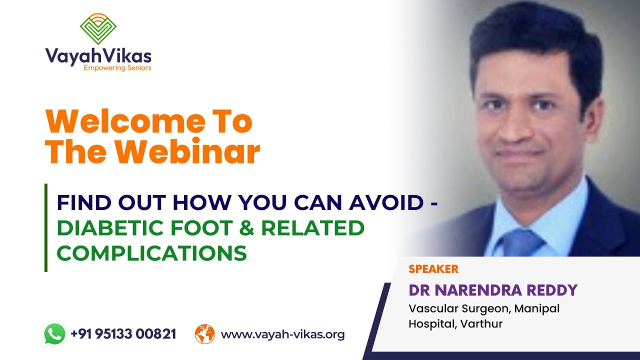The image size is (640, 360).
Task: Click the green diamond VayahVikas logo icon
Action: (x=98, y=28)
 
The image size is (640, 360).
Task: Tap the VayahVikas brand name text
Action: (x=98, y=55)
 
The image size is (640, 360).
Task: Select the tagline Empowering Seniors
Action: (x=117, y=67)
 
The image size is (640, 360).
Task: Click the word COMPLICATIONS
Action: (x=151, y=253)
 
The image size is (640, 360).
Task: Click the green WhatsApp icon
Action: (x=54, y=333)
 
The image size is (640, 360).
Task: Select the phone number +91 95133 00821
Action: (x=123, y=334)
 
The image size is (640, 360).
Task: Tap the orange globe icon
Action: (x=204, y=334)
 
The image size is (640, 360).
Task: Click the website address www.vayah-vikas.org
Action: (x=282, y=334)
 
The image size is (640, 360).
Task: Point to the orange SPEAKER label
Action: (x=433, y=269)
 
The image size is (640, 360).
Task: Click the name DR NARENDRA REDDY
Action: (x=493, y=290)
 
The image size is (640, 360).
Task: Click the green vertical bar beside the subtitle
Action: (x=46, y=227)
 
